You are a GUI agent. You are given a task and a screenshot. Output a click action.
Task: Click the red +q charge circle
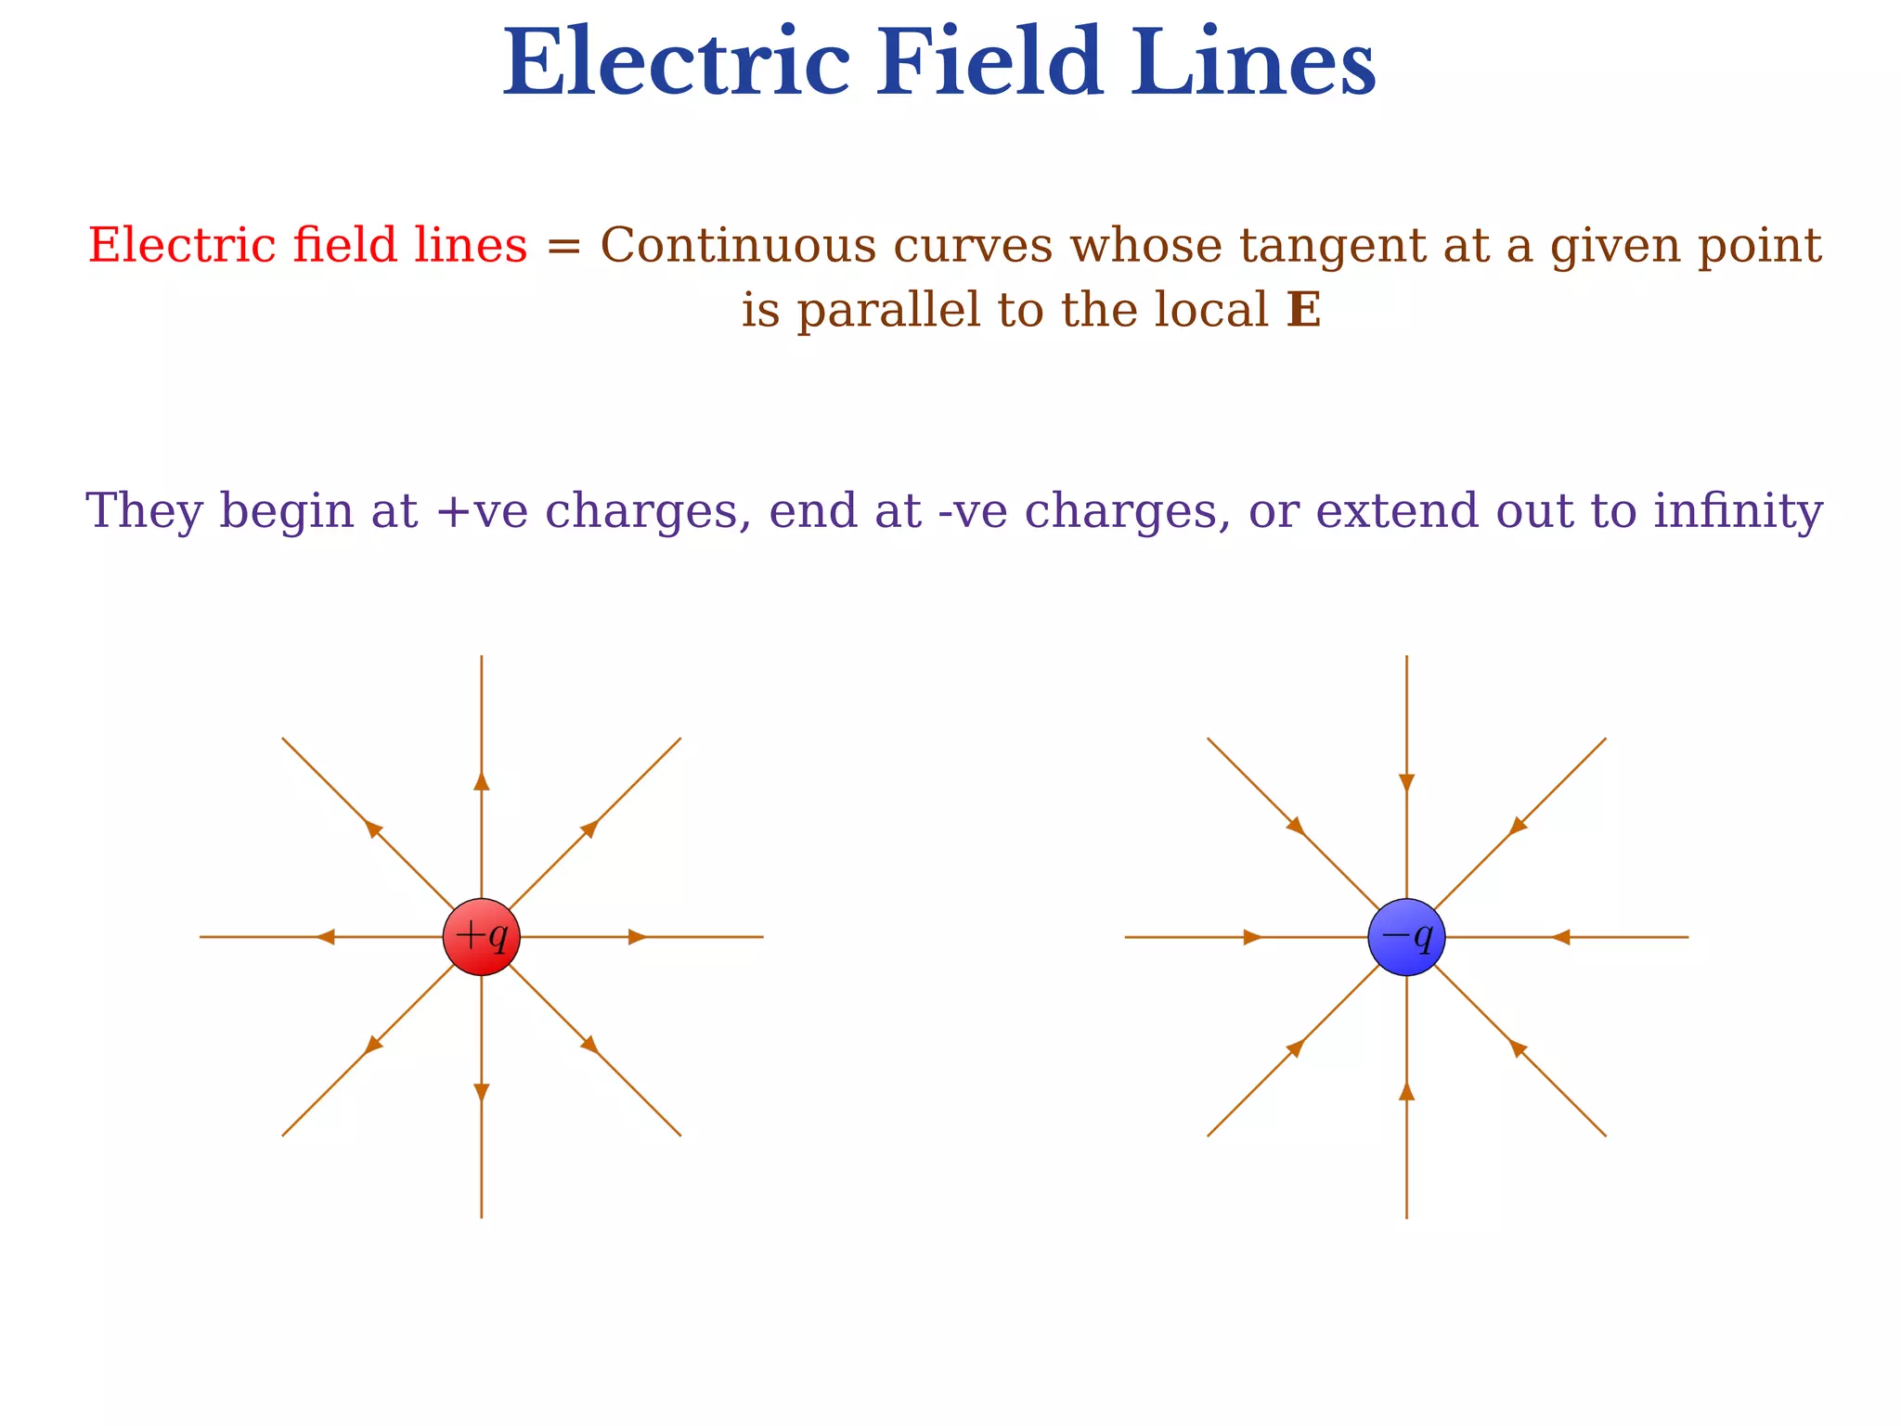point(481,937)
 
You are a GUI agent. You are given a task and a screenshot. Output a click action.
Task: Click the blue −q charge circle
point(1406,937)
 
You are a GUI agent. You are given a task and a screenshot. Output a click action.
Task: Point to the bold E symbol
point(1303,311)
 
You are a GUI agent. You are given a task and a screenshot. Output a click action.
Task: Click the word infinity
point(1738,511)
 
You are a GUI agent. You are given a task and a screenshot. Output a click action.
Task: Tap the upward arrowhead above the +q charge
point(481,781)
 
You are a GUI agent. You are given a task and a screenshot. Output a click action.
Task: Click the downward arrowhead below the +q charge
point(481,1093)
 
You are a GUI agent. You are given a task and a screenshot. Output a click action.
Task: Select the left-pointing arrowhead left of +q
point(325,937)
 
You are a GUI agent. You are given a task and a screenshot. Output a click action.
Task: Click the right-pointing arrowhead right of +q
point(638,937)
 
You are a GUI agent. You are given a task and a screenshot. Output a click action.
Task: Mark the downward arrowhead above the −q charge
point(1406,782)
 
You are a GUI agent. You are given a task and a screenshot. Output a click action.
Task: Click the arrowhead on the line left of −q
point(1252,937)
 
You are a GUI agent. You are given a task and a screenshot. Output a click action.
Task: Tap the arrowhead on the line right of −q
point(1560,937)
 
